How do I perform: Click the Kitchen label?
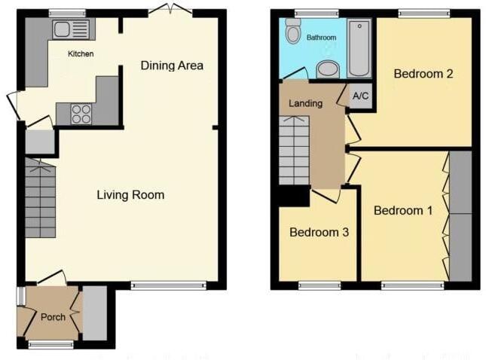(x=81, y=54)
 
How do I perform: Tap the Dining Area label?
(x=172, y=66)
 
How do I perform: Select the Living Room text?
(x=130, y=195)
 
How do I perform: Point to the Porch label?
(x=53, y=317)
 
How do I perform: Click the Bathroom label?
(x=321, y=37)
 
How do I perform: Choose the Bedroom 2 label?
(x=423, y=74)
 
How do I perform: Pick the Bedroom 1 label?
(x=403, y=210)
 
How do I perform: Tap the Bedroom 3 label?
(x=319, y=233)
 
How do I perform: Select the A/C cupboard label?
(x=360, y=96)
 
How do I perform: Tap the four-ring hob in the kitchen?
(x=81, y=114)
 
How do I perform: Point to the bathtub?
(x=359, y=47)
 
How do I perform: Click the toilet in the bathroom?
(x=294, y=32)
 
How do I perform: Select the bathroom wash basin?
(x=328, y=70)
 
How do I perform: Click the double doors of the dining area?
(x=170, y=9)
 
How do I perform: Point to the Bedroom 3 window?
(x=319, y=285)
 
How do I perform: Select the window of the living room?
(x=167, y=285)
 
